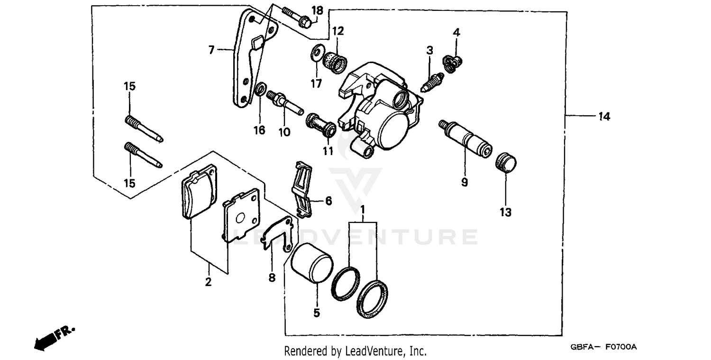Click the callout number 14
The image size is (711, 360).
(603, 116)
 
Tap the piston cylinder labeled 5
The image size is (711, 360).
(311, 264)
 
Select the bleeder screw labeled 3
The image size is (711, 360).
(432, 81)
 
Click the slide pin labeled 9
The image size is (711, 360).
(464, 138)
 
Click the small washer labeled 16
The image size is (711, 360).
(260, 89)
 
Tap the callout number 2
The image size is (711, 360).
(208, 282)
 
